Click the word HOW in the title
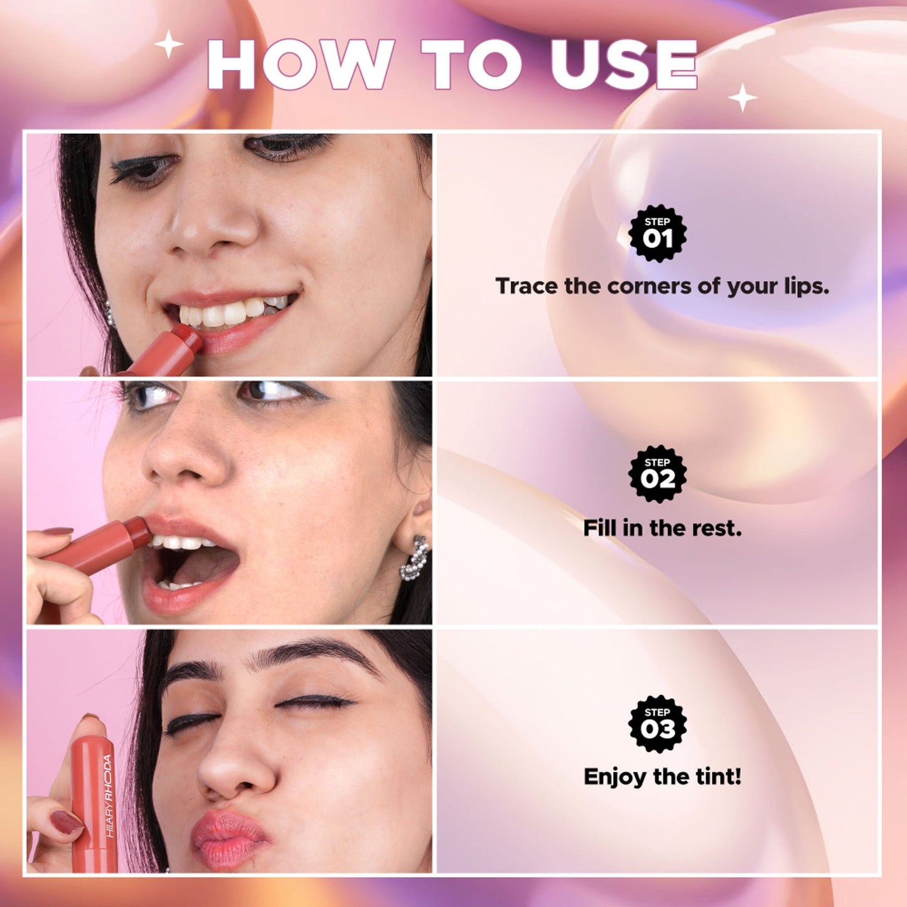(x=300, y=64)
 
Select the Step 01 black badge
(x=658, y=233)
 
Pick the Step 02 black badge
(x=658, y=474)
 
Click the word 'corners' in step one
(x=650, y=286)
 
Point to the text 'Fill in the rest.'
(x=662, y=528)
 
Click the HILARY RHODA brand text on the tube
(x=108, y=795)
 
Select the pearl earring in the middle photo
(x=414, y=558)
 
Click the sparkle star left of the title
(x=168, y=44)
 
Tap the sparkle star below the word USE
(x=743, y=98)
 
